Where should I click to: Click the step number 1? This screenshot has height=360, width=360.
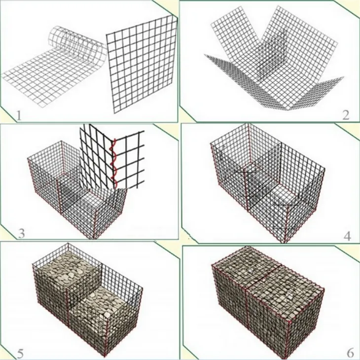[x=18, y=116]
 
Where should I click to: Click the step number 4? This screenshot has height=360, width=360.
[x=347, y=236]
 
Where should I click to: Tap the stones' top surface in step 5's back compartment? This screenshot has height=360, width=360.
[x=64, y=269]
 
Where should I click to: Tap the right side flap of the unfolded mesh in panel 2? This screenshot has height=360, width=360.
[x=321, y=91]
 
